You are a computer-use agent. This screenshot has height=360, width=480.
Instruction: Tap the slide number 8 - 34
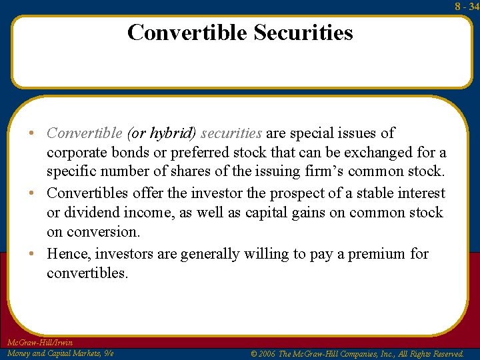467,6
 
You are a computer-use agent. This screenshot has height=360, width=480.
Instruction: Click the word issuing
264,171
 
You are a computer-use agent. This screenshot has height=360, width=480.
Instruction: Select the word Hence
70,254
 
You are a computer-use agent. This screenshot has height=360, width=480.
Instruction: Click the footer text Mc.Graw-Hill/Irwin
39,343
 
